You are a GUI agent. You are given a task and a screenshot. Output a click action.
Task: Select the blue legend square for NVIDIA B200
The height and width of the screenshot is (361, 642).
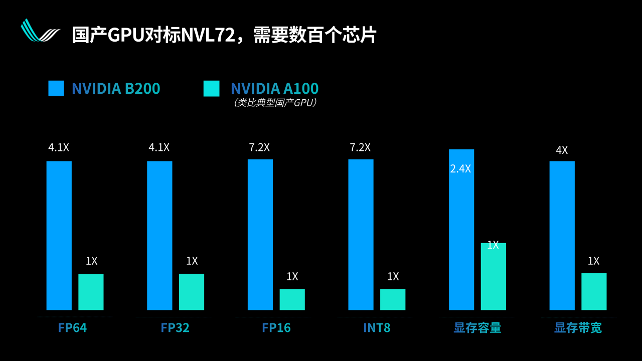click(56, 88)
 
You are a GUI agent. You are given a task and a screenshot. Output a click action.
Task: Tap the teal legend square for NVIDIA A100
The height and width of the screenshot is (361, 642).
click(211, 88)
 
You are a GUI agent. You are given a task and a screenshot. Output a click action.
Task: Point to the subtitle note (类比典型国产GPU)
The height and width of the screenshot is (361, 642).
click(275, 103)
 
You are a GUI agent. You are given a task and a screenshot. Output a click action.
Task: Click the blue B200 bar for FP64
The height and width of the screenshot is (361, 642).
click(59, 235)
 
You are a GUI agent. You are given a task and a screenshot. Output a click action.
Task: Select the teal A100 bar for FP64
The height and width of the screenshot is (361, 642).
click(91, 292)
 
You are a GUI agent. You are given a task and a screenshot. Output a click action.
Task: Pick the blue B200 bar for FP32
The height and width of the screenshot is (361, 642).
click(159, 235)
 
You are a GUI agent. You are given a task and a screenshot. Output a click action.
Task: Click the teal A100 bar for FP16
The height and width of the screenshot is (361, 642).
click(292, 299)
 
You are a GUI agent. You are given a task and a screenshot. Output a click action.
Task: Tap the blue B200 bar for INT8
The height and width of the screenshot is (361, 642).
click(361, 234)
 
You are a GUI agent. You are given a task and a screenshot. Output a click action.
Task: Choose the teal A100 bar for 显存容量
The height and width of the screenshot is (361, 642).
click(493, 276)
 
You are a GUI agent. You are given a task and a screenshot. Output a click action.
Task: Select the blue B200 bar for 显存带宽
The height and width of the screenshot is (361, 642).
click(562, 235)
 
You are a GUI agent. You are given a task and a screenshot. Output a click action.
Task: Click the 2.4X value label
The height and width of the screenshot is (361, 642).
click(460, 169)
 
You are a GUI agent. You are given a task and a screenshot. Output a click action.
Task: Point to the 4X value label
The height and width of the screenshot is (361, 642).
click(562, 150)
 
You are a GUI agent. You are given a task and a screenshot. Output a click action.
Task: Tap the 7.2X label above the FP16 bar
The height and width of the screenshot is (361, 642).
click(259, 147)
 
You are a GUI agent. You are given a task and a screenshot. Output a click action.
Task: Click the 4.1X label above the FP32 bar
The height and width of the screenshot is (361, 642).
click(159, 147)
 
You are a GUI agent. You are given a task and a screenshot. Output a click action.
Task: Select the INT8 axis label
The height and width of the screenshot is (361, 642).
click(377, 328)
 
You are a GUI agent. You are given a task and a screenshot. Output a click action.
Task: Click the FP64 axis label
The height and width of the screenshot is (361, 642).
click(72, 328)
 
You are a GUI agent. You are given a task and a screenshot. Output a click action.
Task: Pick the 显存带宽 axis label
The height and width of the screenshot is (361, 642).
click(578, 328)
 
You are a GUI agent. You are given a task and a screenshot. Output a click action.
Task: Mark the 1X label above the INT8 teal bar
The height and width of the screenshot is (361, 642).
click(393, 276)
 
